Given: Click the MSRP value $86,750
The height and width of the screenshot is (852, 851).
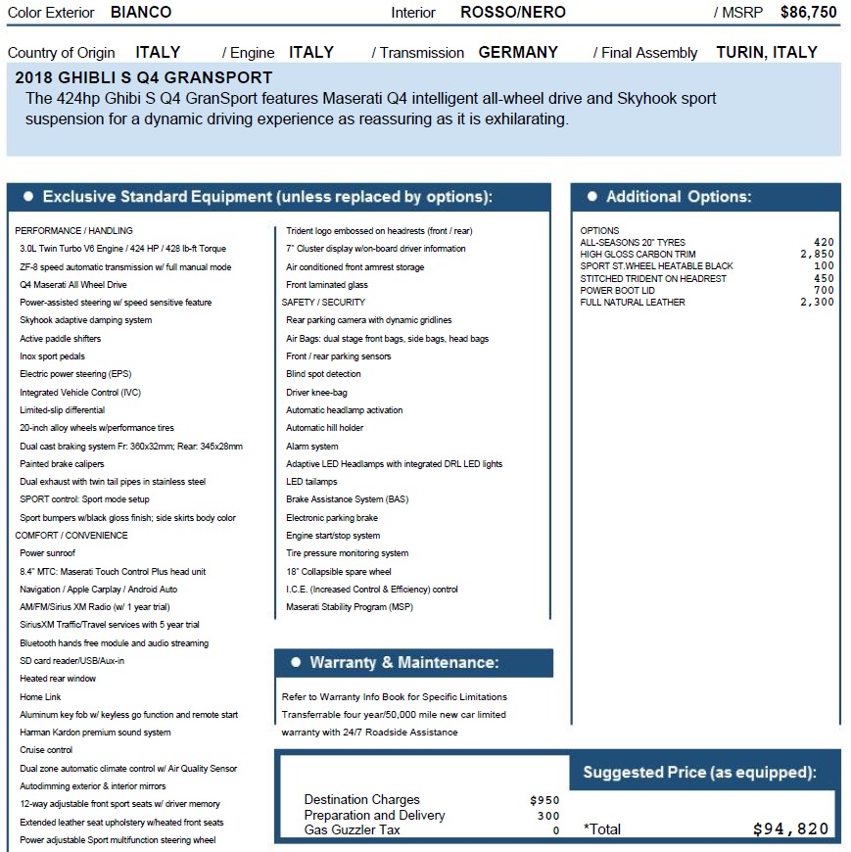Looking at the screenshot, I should coord(808,13).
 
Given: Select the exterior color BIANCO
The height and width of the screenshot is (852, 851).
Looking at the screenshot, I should coord(141,13).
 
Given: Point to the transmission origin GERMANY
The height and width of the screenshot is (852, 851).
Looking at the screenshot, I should coord(518,53).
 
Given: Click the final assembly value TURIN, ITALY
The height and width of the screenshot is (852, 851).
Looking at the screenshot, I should coord(767,53).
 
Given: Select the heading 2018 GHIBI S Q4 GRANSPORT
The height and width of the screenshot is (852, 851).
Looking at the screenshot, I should coord(144,77).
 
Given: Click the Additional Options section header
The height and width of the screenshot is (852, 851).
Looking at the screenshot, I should coord(678,197).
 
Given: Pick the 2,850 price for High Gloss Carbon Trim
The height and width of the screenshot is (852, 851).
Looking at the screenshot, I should coord(817,255).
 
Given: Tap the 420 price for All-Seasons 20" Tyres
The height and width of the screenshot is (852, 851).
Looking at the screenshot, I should coord(824,242).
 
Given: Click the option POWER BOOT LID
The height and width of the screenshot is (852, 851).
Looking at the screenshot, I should coord(618,291).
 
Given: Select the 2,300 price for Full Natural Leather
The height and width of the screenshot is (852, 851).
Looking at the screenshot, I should coord(817,303).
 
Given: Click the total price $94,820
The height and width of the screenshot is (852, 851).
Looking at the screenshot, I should coord(790,829).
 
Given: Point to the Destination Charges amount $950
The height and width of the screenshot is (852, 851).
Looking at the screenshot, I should coord(544,800).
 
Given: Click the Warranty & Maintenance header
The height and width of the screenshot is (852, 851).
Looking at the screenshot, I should coord(403,663).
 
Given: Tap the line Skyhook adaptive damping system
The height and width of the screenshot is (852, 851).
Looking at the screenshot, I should coord(86,320).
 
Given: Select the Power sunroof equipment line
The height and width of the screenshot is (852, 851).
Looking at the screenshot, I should coord(47,553).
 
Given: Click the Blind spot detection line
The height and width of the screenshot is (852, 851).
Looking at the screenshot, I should coord(323,374).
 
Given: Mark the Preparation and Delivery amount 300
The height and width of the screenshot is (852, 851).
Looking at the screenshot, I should coord(548,816).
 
